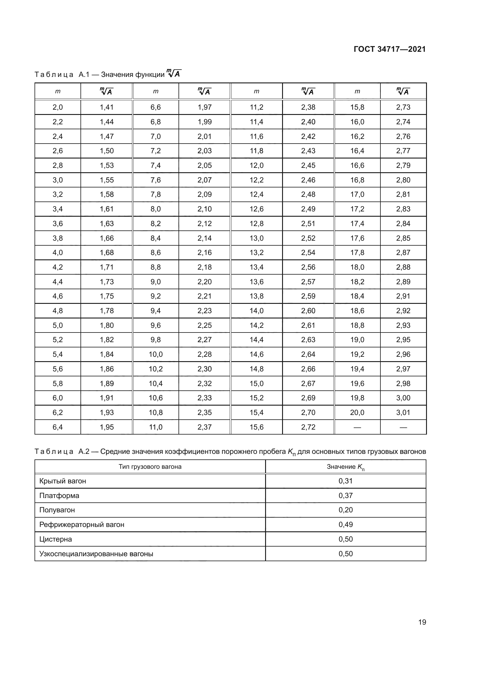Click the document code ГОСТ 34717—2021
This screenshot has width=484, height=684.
point(389,49)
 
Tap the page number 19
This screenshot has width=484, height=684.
point(422,622)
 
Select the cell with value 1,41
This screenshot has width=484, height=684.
point(107,107)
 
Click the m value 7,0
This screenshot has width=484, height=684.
point(156,137)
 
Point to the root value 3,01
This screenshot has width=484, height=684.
point(403,413)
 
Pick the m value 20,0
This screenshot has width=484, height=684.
point(357,413)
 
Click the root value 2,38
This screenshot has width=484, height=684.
point(308,107)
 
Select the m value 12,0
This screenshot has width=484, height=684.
point(256,165)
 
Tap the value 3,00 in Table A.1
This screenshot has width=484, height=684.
point(403,398)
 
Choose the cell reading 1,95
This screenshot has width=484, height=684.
point(107,427)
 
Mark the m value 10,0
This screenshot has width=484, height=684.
point(156,354)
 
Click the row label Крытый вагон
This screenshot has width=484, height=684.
point(63,481)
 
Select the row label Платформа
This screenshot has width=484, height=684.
point(59,496)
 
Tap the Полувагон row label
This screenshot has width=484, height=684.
point(57,510)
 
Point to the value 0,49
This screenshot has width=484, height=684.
point(345,525)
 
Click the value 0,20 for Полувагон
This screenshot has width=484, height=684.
point(345,510)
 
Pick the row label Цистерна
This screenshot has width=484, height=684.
point(55,539)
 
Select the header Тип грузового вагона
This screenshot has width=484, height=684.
point(150,467)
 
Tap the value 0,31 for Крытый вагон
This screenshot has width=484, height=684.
point(345,481)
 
